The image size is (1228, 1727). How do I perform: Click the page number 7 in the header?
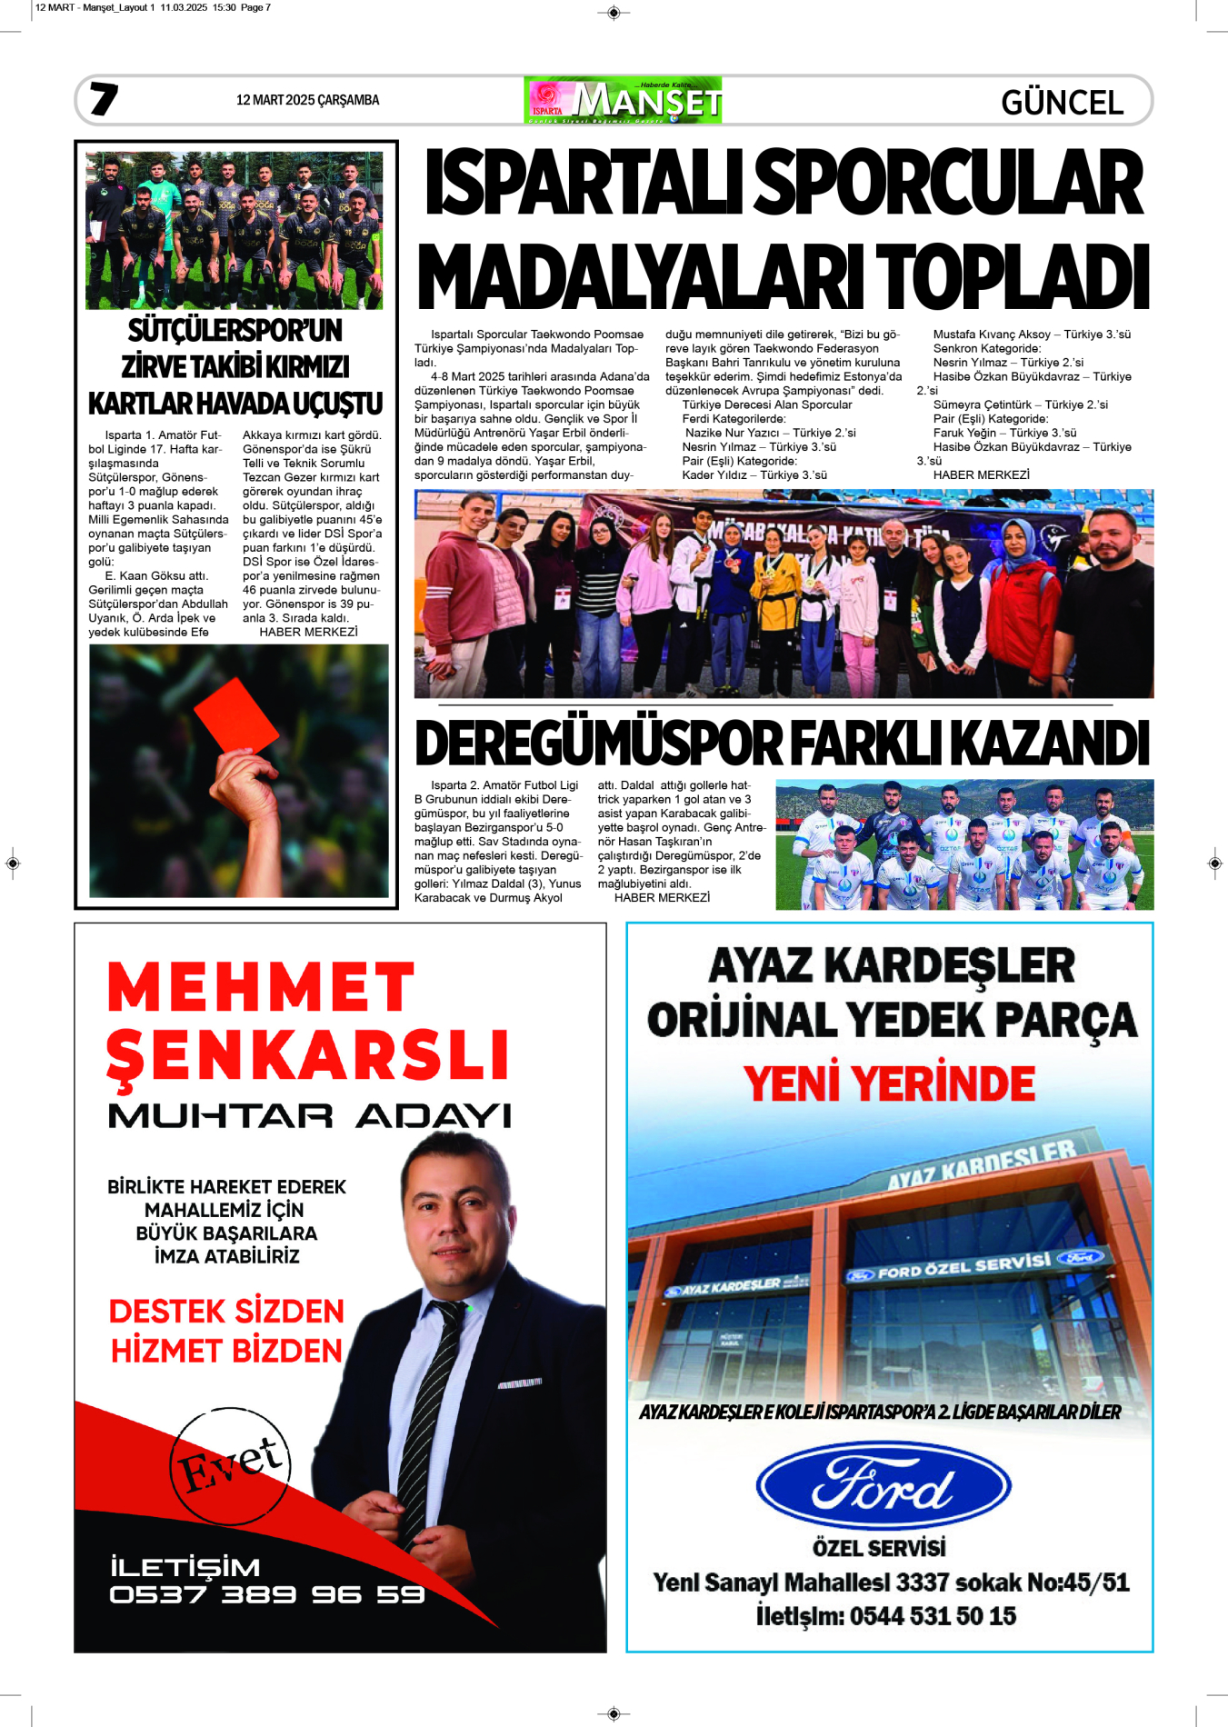pyautogui.click(x=104, y=99)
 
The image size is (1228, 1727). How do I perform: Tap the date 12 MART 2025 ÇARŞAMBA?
pyautogui.click(x=307, y=100)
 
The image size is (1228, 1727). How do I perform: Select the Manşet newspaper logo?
pyautogui.click(x=624, y=100)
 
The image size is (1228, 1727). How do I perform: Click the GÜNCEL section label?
pyautogui.click(x=1062, y=103)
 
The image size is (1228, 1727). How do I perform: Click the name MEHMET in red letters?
pyautogui.click(x=261, y=987)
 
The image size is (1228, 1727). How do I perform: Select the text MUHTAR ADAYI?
pyautogui.click(x=309, y=1115)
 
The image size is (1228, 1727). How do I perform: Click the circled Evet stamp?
pyautogui.click(x=231, y=1465)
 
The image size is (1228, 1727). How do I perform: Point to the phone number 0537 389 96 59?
pyautogui.click(x=267, y=1594)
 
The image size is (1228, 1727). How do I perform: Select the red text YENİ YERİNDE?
pyautogui.click(x=889, y=1083)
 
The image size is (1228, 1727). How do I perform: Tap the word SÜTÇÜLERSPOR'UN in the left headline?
pyautogui.click(x=235, y=330)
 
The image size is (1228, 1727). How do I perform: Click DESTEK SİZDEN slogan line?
pyautogui.click(x=226, y=1311)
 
